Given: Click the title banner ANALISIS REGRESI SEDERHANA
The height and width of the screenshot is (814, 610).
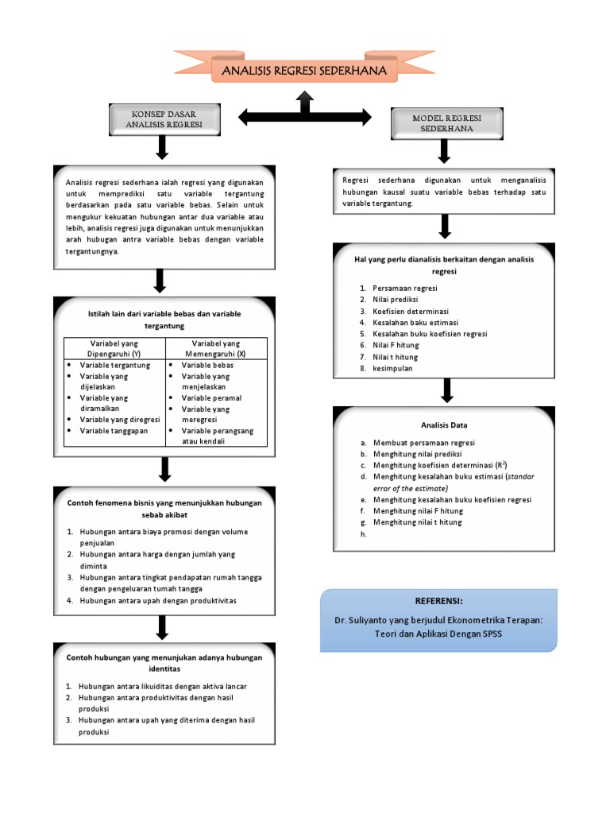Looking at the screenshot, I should pos(304,72).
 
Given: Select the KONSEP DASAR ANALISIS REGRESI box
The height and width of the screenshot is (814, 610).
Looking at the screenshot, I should pos(164,119).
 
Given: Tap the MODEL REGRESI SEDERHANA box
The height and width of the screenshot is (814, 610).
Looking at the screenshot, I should pos(446,123).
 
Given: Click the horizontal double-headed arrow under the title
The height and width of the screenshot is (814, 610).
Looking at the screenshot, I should pos(305,118).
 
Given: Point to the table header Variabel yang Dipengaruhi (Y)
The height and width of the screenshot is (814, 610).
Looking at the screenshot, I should pos(114,347).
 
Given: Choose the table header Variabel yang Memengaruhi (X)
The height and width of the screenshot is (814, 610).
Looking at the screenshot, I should pos(216,347).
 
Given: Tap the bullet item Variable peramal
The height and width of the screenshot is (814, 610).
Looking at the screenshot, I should pos(211,397).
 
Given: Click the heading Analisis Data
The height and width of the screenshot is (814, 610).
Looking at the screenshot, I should pos(444,425).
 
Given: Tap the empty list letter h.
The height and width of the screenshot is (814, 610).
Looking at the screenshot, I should pos(362,534).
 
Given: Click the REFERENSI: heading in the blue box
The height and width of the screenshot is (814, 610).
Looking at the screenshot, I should pos(438,601).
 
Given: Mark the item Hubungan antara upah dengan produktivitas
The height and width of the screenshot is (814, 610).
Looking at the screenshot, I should pos(157,600).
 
